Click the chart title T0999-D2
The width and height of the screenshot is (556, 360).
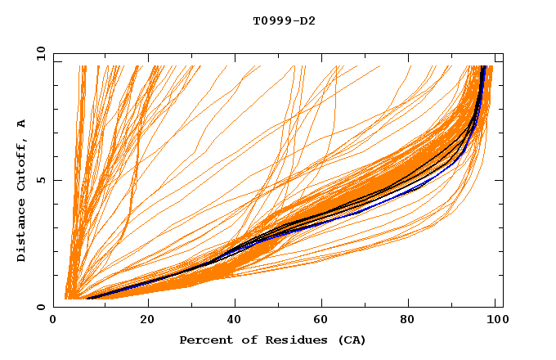[284, 20]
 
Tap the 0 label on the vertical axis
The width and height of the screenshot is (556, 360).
[40, 307]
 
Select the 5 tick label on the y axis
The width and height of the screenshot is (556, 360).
[40, 180]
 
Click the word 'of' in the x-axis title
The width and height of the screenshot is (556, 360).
[241, 340]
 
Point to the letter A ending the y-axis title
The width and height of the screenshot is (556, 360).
[22, 123]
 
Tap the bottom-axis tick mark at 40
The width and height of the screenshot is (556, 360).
[235, 304]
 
